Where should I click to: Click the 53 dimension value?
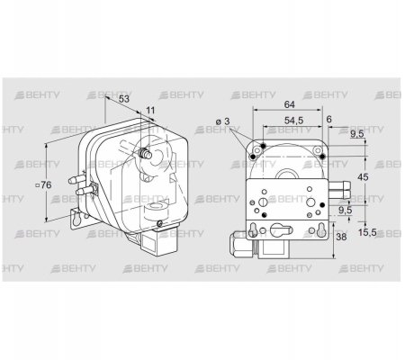(124, 98)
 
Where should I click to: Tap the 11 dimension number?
(150, 111)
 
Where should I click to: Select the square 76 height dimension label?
(43, 185)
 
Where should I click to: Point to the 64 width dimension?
(289, 104)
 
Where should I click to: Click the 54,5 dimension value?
(293, 121)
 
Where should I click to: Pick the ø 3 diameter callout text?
(223, 121)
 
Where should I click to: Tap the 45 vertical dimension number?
(363, 177)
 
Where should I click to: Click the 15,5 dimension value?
(367, 232)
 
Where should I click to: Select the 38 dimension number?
(341, 237)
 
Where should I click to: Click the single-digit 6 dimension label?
(328, 119)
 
